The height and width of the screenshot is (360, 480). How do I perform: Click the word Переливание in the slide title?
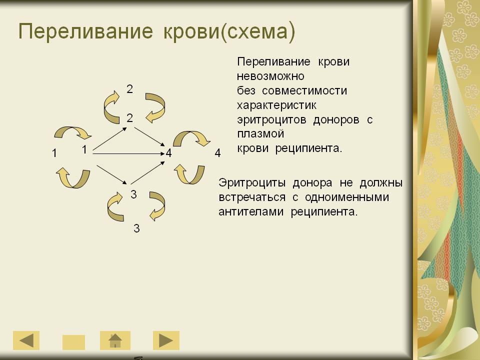coord(85,32)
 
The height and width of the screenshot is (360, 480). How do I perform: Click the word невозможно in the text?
coord(270,76)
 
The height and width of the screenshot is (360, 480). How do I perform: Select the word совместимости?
coord(304,90)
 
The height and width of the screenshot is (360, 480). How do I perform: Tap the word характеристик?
coord(276,105)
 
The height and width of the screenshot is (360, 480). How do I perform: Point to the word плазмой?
coord(260,134)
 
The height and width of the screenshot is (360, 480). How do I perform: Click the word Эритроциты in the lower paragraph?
coord(252,183)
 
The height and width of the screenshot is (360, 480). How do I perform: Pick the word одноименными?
coord(347,197)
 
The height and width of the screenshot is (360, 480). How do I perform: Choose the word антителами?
coord(251,212)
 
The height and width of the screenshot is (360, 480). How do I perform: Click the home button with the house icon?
coord(115,340)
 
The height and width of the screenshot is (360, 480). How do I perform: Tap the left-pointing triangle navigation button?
coord(26,340)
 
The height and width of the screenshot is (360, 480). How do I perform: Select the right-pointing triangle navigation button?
coord(166,340)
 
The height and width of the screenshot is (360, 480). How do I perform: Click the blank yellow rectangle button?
coord(74,342)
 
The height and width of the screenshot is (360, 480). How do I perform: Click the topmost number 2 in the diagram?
coord(130,89)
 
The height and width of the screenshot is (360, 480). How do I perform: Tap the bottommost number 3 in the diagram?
coord(136,228)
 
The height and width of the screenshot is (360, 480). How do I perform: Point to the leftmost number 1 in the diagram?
coord(54,153)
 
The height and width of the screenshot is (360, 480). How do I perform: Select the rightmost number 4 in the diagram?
coord(217,153)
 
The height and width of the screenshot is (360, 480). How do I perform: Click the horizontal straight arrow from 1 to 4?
coord(129,153)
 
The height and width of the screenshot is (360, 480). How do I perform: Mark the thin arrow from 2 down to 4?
coord(149,136)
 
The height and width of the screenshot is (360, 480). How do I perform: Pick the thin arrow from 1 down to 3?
coord(111,175)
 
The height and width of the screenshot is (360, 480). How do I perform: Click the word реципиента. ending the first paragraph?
coord(308,148)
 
